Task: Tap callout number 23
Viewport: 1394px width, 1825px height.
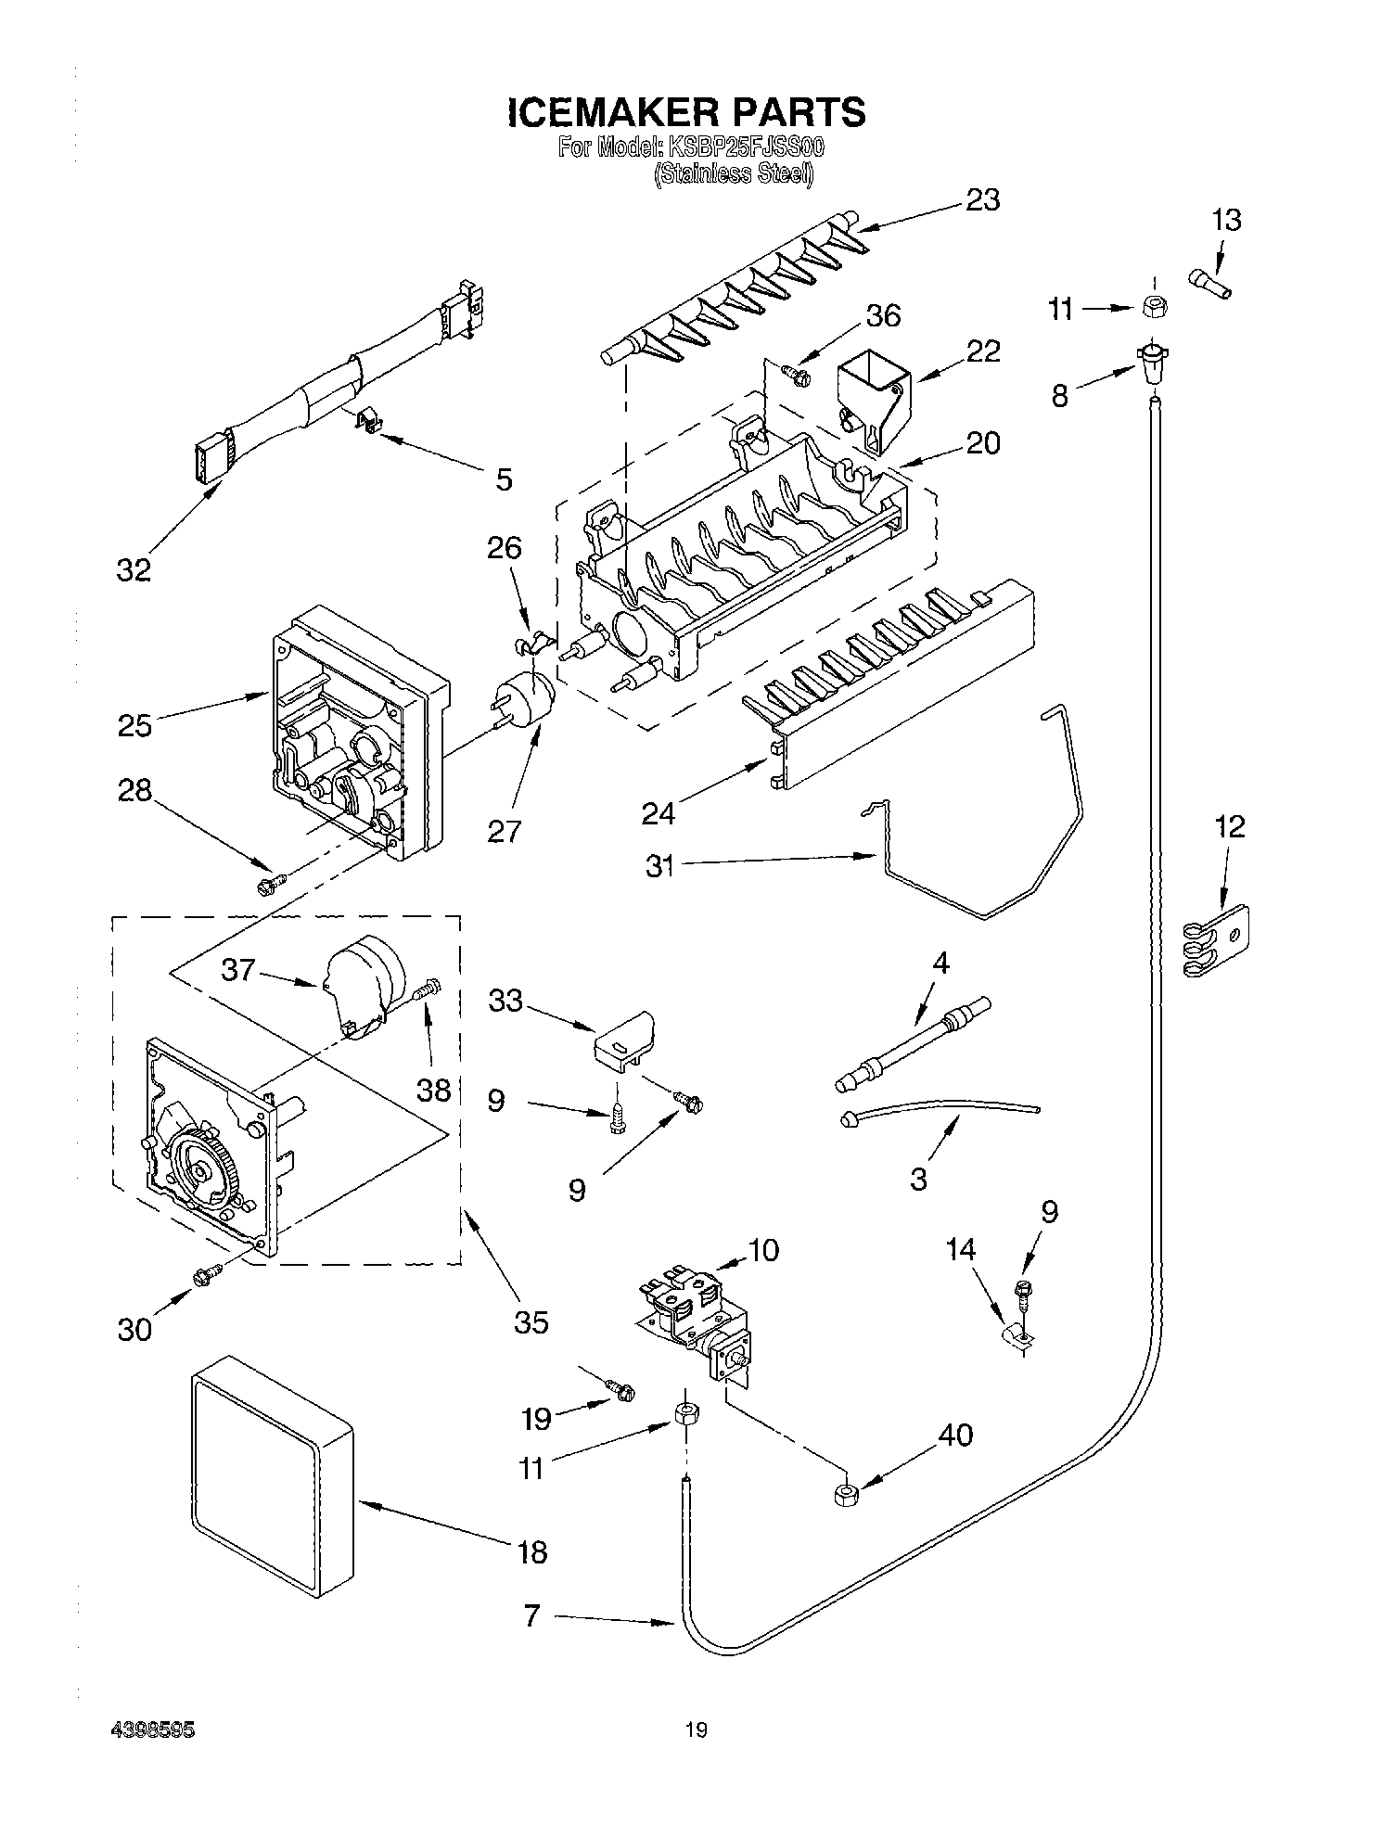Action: click(982, 199)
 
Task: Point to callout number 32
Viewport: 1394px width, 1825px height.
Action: click(134, 569)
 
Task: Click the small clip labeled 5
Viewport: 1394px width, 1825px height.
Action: click(372, 423)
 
